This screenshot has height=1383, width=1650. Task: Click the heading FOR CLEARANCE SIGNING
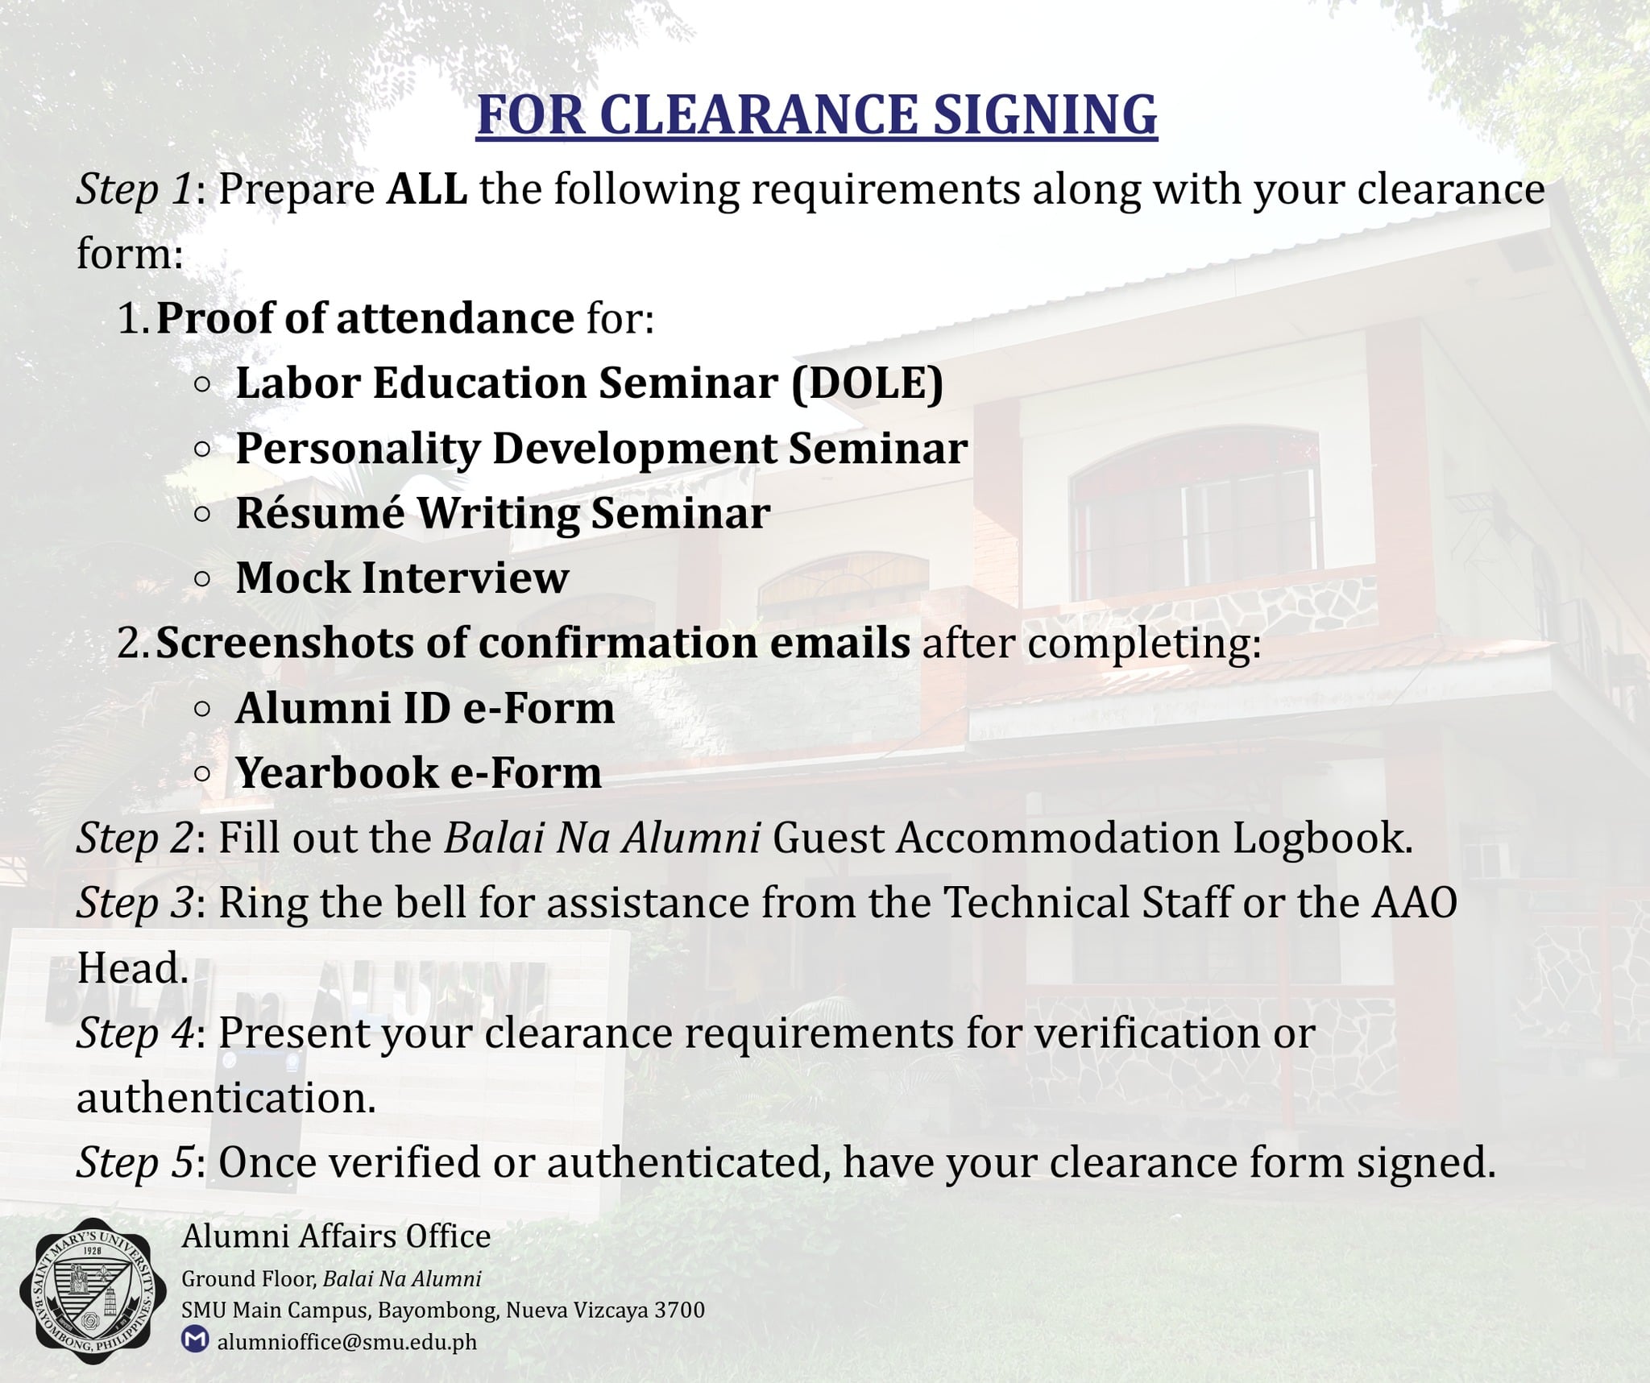(816, 114)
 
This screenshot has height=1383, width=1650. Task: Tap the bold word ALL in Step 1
(427, 190)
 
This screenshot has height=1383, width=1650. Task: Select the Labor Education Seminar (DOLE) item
(589, 383)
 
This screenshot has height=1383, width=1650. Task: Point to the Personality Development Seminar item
(601, 449)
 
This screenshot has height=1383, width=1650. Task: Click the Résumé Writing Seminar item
(503, 513)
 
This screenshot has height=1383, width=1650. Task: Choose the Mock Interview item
(402, 578)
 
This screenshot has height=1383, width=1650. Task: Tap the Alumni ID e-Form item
(425, 709)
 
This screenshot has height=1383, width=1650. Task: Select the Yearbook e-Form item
(418, 773)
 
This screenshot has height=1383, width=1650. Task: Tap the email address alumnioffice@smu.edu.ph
(346, 1342)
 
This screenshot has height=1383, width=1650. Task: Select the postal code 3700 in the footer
(679, 1311)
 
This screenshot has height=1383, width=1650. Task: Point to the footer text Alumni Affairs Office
(336, 1236)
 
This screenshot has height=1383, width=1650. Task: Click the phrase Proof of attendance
(364, 318)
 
